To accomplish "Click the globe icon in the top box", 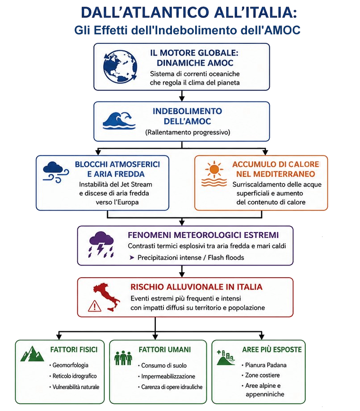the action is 120,67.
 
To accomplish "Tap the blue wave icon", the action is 119,120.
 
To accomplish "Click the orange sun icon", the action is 214,173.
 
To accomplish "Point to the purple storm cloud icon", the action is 101,245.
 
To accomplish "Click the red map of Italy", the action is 107,297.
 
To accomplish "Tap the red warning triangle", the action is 94,306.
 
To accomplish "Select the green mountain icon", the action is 32,354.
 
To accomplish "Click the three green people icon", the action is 123,358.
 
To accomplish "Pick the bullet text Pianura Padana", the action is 266,365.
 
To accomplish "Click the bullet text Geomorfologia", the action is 70,365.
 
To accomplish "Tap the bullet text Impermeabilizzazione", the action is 168,376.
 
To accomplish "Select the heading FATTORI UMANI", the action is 165,350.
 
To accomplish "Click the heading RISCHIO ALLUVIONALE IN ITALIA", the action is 197,287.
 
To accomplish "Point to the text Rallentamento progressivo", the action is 188,132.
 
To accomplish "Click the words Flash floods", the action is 226,257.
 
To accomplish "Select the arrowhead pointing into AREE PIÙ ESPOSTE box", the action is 261,336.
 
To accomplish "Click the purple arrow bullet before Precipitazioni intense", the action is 132,257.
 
